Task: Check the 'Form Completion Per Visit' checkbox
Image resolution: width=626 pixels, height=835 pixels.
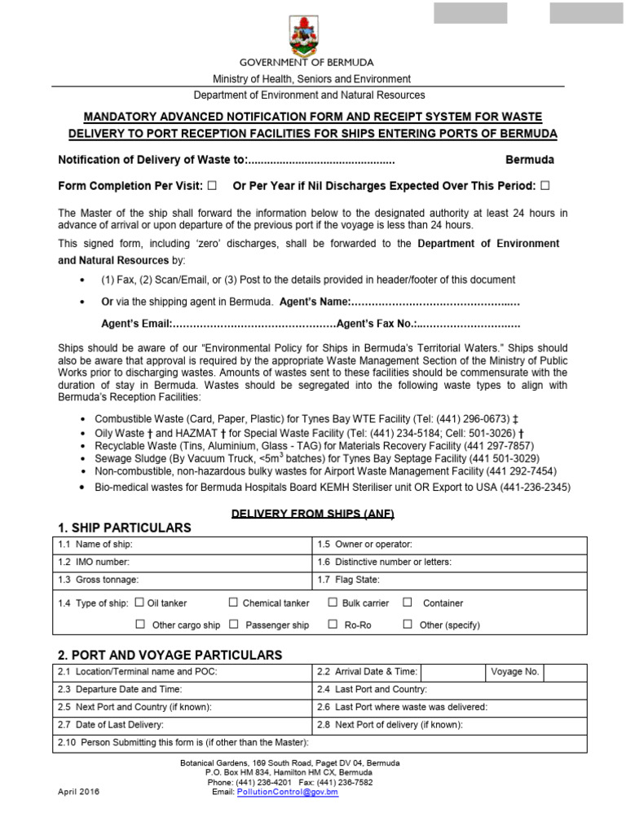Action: coord(212,185)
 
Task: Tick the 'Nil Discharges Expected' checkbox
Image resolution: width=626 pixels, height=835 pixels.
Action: coord(544,185)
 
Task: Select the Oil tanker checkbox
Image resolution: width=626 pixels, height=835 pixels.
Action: coord(139,603)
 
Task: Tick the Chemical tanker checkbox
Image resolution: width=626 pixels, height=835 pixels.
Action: coord(233,603)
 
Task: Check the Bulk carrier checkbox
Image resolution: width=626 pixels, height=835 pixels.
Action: coord(333,603)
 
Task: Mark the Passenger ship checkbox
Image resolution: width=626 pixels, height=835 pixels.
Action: coord(233,625)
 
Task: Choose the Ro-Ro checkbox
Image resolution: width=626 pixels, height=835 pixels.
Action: coord(333,625)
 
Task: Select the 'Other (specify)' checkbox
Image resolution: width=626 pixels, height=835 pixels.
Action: coord(408,625)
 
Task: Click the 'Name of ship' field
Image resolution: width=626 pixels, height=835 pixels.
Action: coord(220,545)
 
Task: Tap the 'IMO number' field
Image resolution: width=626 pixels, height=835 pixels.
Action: coord(220,562)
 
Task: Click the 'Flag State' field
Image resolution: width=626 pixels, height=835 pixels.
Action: coord(481,581)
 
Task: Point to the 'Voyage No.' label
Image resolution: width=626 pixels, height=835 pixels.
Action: coord(515,672)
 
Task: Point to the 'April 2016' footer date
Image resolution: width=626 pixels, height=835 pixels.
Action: coord(78,792)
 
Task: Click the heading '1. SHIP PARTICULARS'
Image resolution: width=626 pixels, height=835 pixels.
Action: coord(125,528)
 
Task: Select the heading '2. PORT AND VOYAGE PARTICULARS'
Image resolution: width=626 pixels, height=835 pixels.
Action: coord(170,655)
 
